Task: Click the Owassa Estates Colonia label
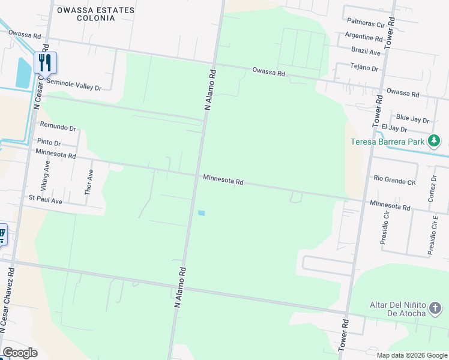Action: [95, 14]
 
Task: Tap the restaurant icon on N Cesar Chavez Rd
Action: [45, 62]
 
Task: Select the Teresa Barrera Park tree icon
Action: [434, 142]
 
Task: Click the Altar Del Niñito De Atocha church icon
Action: [436, 309]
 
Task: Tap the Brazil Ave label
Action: [366, 52]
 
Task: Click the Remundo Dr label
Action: [58, 127]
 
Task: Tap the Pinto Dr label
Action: [49, 143]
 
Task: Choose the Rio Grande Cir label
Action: [394, 179]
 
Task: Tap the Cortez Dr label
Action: [434, 188]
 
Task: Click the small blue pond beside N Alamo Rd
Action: [201, 213]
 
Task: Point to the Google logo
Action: [20, 353]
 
